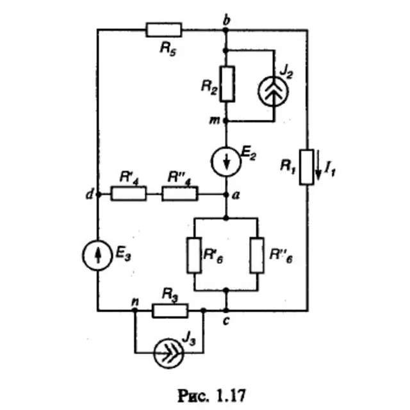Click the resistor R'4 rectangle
(x=129, y=193)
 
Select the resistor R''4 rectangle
(x=180, y=193)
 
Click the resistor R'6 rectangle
(x=194, y=255)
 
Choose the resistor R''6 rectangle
(x=257, y=255)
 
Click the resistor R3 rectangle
(x=170, y=311)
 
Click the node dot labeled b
(x=225, y=30)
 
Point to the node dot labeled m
(x=226, y=121)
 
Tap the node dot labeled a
(x=226, y=195)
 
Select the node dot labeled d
(x=98, y=195)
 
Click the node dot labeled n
(x=135, y=310)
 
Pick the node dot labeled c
(x=226, y=311)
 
